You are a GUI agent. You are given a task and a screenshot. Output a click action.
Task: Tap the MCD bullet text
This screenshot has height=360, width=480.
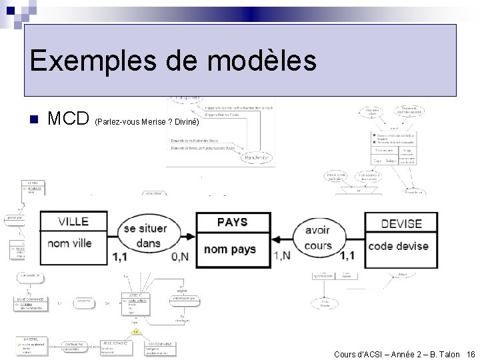[x=69, y=119]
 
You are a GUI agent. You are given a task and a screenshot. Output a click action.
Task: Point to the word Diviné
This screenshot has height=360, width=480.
[x=185, y=122]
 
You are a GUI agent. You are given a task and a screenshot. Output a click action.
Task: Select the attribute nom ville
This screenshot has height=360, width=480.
[x=69, y=244]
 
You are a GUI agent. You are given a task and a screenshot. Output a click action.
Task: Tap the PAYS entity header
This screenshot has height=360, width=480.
[x=233, y=222]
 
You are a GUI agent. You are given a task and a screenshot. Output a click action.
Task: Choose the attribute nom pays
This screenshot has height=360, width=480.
[x=229, y=249]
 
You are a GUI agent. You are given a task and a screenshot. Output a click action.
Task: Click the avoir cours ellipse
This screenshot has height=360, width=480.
[x=317, y=238]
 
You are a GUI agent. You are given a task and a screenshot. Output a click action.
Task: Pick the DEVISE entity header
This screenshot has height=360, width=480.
[x=401, y=223]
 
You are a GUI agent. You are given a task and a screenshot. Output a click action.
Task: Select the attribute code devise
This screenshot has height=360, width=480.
[x=398, y=246]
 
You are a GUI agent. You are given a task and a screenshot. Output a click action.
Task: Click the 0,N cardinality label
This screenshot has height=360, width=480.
[x=179, y=257]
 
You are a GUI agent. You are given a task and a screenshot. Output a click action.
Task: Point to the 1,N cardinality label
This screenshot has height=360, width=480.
[x=282, y=255]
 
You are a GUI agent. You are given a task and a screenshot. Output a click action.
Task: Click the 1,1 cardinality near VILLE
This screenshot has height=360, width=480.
[x=121, y=257]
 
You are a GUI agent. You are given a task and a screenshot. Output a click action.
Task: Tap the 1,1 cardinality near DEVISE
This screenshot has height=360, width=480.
[x=347, y=255]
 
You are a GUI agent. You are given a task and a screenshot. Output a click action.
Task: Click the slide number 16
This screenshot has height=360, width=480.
[x=471, y=354]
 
